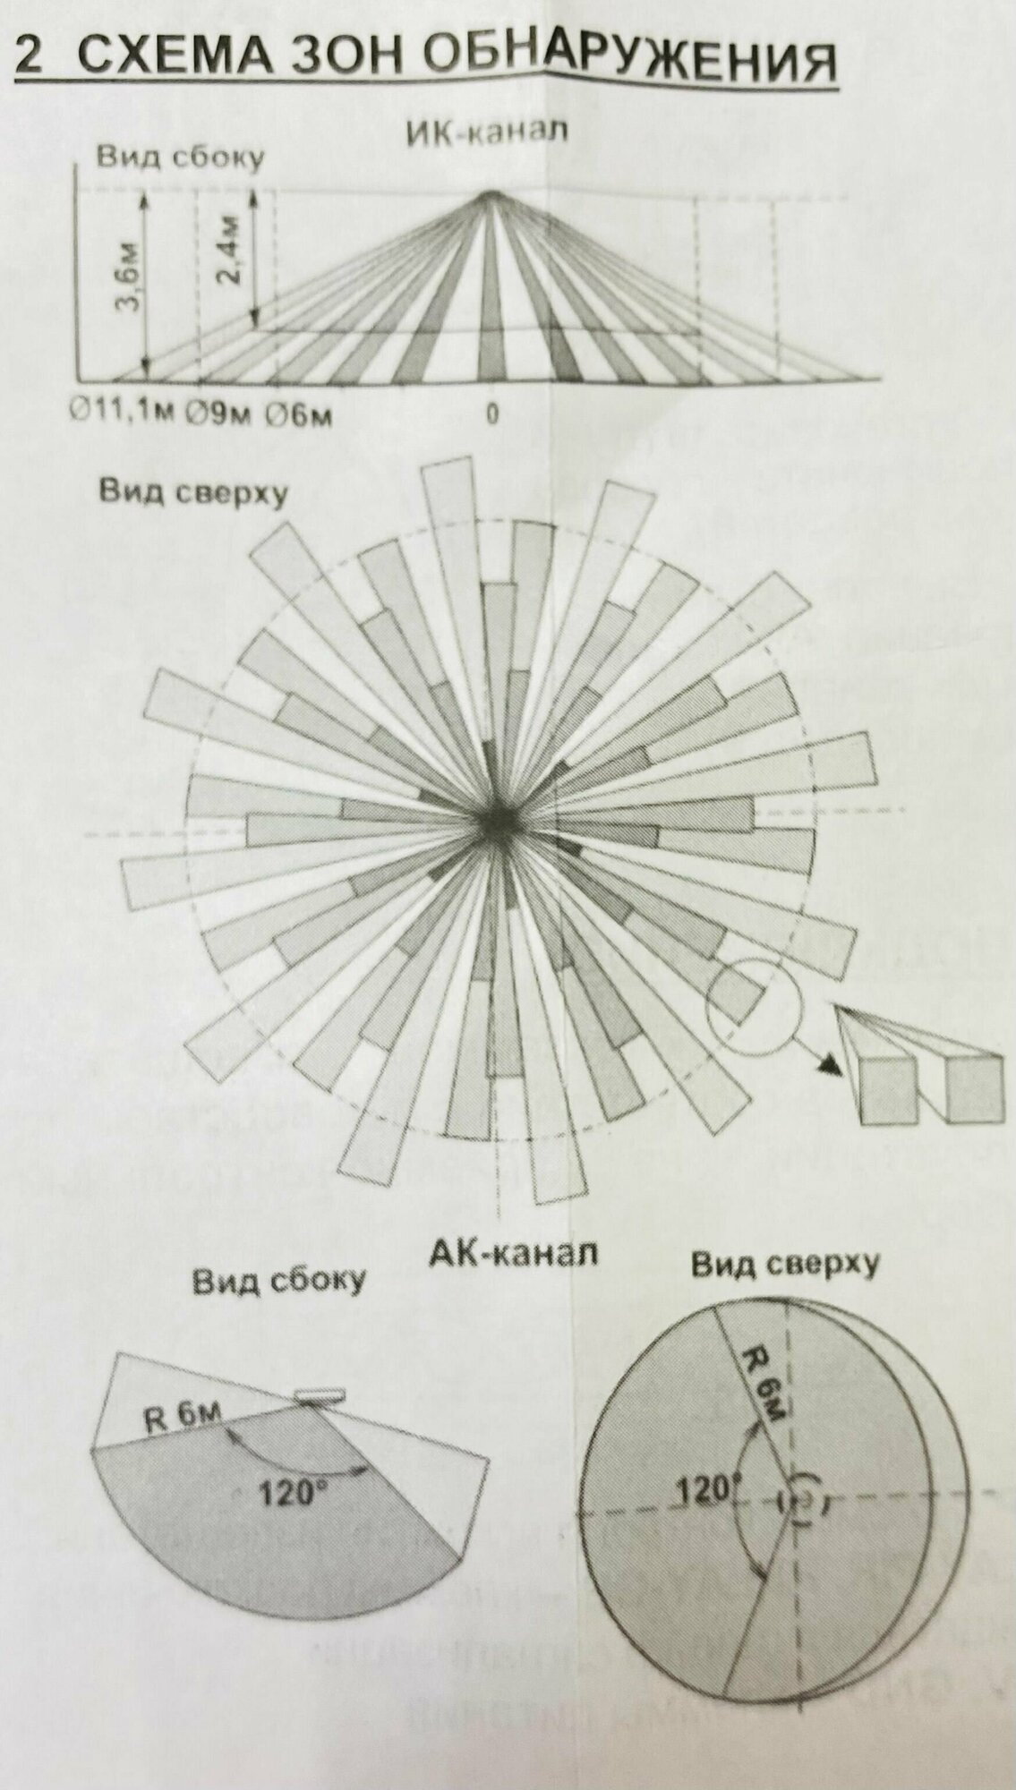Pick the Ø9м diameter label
coord(222,413)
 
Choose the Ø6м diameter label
coord(300,414)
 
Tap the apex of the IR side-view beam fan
coord(490,194)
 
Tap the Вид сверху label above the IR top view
coord(193,491)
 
